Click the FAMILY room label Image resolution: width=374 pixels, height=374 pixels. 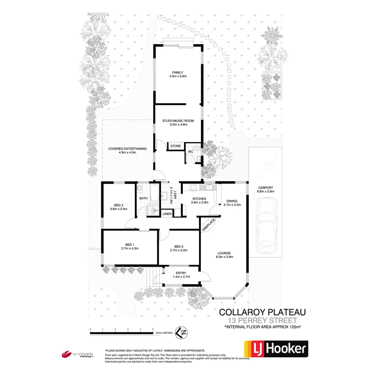tap(178, 73)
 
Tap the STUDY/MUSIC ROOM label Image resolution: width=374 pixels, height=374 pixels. tap(178, 121)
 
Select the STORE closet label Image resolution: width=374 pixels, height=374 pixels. tap(175, 146)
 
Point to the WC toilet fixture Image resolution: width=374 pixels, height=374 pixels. tap(196, 148)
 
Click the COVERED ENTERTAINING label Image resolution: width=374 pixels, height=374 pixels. tap(127, 149)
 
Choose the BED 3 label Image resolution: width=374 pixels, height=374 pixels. tap(118, 205)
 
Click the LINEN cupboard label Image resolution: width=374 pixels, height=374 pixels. tap(167, 214)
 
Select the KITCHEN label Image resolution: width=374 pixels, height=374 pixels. tap(199, 199)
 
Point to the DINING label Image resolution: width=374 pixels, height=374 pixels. tap(232, 201)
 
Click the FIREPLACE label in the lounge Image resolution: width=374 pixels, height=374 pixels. tap(209, 225)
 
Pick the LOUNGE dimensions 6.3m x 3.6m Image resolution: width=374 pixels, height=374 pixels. tap(224, 257)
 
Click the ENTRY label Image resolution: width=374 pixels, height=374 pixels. tap(181, 273)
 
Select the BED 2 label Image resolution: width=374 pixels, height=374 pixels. tap(179, 247)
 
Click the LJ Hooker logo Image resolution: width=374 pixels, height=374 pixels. tap(276, 349)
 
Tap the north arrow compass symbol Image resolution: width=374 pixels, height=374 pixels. tap(181, 333)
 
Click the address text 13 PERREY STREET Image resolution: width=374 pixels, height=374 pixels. tap(262, 320)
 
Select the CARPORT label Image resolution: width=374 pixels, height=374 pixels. tap(266, 188)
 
